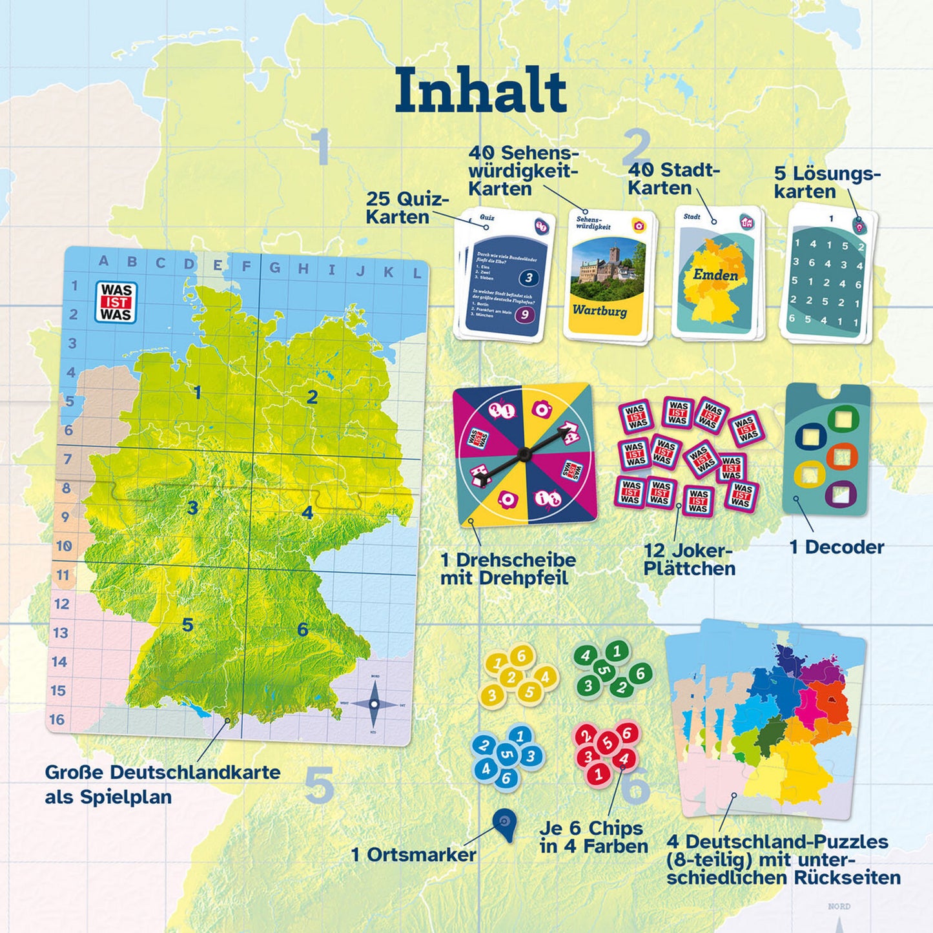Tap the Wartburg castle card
(608, 276)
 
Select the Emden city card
(715, 274)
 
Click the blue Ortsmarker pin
(504, 823)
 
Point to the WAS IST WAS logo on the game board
(116, 302)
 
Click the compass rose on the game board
(374, 704)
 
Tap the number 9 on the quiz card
(525, 315)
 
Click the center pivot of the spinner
(524, 454)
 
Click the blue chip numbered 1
(520, 735)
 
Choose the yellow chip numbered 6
(521, 657)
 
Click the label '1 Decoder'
(837, 547)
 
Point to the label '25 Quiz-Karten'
(407, 208)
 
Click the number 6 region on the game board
(303, 629)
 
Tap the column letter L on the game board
(416, 273)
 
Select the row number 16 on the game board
(57, 719)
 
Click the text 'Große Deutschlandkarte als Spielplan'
(163, 784)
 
